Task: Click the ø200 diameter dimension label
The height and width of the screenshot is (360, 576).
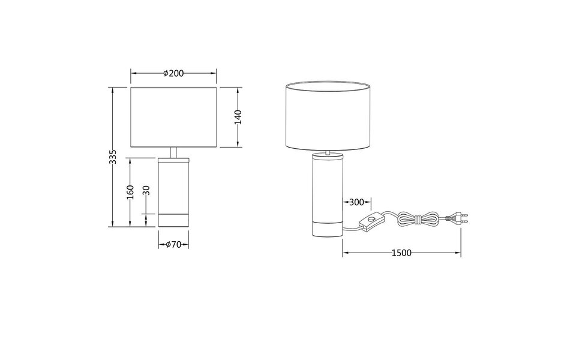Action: (x=173, y=73)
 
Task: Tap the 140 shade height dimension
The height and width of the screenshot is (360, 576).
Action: (x=238, y=117)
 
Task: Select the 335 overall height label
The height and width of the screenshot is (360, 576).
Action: (x=112, y=157)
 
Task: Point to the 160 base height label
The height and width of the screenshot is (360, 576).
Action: (x=130, y=192)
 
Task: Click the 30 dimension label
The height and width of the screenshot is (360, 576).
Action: (x=146, y=192)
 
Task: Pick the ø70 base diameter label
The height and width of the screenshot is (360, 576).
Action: (x=173, y=244)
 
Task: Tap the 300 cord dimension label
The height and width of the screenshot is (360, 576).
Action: (x=356, y=202)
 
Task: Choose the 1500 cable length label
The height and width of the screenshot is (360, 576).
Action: (x=401, y=253)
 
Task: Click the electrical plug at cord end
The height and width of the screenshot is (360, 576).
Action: (x=459, y=217)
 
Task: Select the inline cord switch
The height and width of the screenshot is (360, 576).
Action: (x=371, y=224)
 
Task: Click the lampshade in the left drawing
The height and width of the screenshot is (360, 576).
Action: (x=173, y=117)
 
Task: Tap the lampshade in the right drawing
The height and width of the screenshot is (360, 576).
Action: (x=328, y=116)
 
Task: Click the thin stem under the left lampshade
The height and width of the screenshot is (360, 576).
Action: (x=173, y=152)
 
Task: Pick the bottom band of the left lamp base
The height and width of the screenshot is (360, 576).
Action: (x=173, y=220)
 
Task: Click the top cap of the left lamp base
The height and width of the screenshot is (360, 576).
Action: (x=173, y=160)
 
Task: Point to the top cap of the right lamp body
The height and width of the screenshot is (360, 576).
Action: (x=327, y=155)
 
